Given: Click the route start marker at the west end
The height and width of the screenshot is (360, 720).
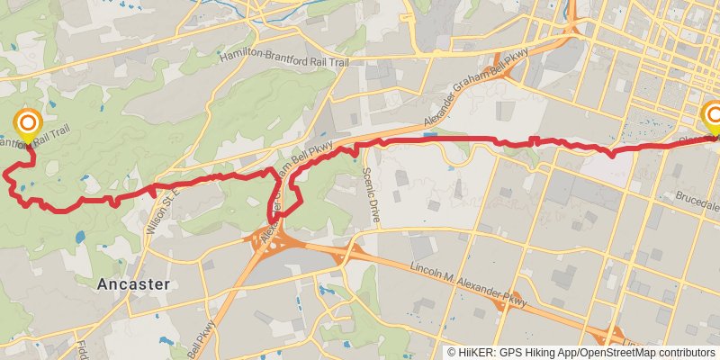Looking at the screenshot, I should pyautogui.click(x=28, y=123).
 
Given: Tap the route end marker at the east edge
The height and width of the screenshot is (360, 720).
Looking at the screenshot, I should pyautogui.click(x=714, y=115).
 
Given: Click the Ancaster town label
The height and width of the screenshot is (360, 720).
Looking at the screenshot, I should pyautogui.click(x=131, y=283).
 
